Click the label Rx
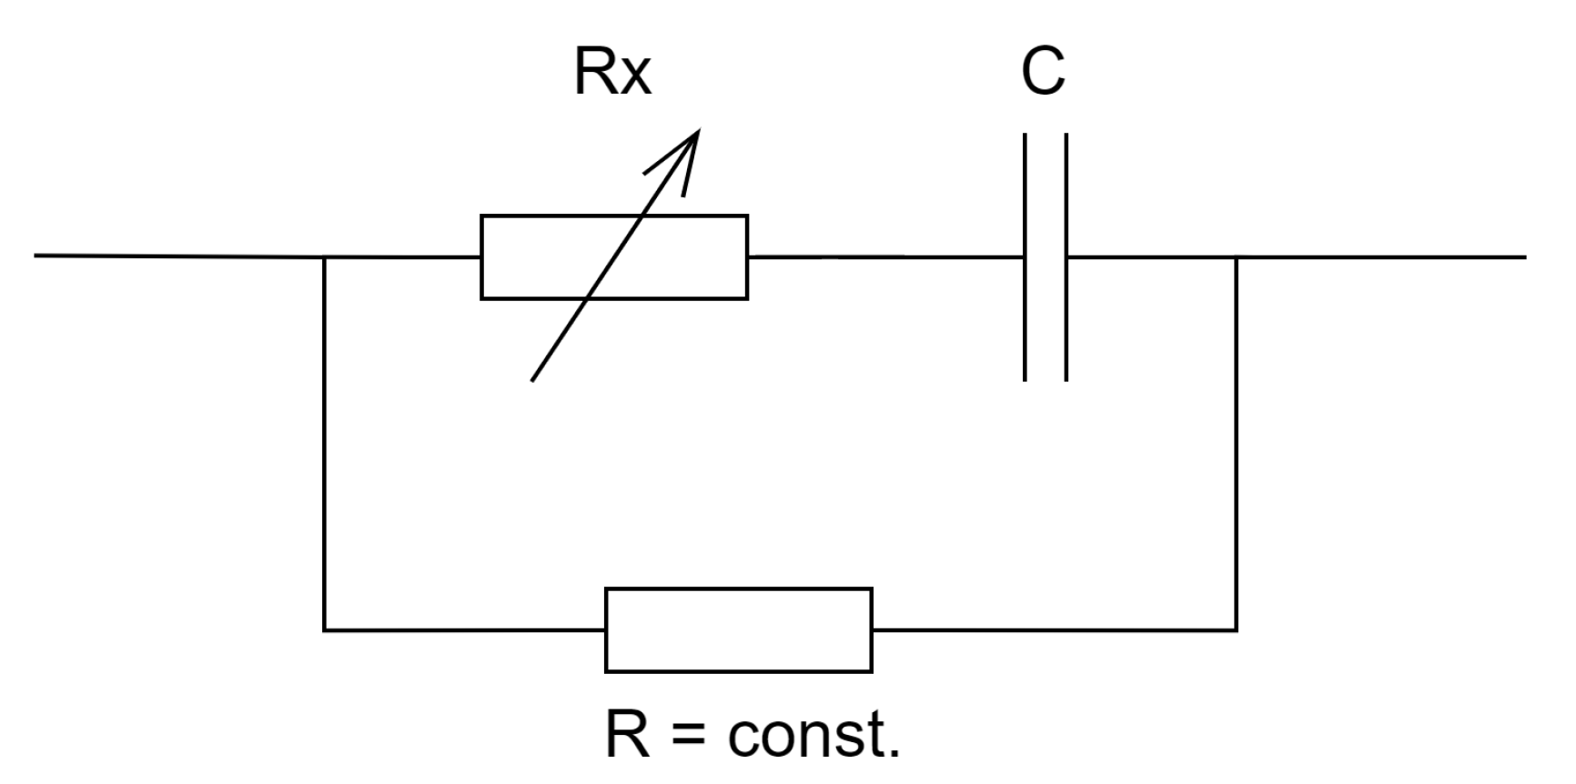click(x=612, y=73)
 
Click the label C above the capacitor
click(x=1043, y=73)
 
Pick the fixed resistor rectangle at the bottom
click(x=738, y=630)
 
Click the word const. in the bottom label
click(x=814, y=735)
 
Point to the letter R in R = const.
click(x=629, y=735)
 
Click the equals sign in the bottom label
click(x=689, y=736)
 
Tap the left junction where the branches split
click(x=325, y=257)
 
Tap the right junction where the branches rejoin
click(x=1236, y=257)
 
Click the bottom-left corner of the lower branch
click(x=325, y=629)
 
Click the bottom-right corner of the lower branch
click(x=1236, y=629)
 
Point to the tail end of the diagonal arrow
click(x=533, y=378)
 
